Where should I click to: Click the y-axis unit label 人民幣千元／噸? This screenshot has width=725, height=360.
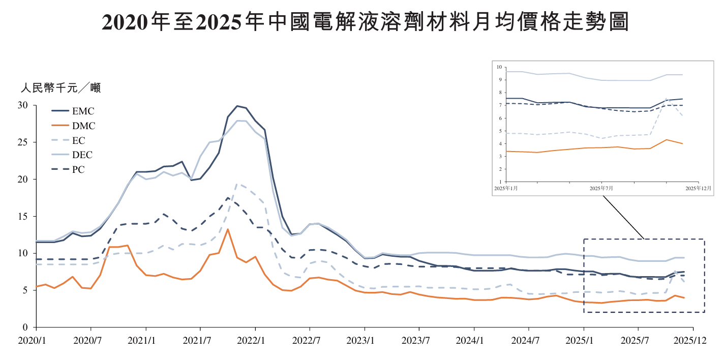pyautogui.click(x=61, y=88)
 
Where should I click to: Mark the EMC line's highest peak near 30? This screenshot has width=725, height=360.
pyautogui.click(x=237, y=106)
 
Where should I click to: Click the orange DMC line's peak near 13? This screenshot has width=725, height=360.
pyautogui.click(x=228, y=229)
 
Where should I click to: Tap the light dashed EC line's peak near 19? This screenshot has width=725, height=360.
pyautogui.click(x=237, y=184)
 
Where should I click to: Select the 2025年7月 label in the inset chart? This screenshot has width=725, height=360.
pyautogui.click(x=601, y=188)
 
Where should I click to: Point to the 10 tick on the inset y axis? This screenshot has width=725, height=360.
pyautogui.click(x=499, y=67)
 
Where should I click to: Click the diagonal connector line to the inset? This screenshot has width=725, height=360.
pyautogui.click(x=623, y=216)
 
